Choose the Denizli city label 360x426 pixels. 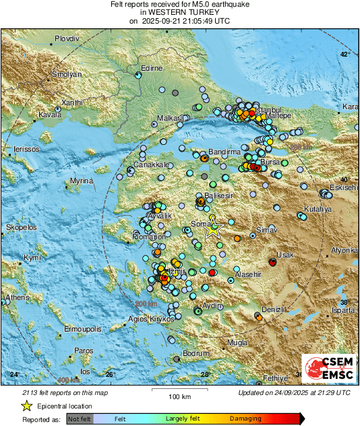(273, 309)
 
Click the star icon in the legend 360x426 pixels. (26, 406)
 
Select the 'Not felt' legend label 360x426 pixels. (79, 419)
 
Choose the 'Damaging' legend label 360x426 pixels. (245, 419)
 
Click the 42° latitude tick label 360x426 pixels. (345, 54)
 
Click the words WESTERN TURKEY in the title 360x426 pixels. (179, 13)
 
